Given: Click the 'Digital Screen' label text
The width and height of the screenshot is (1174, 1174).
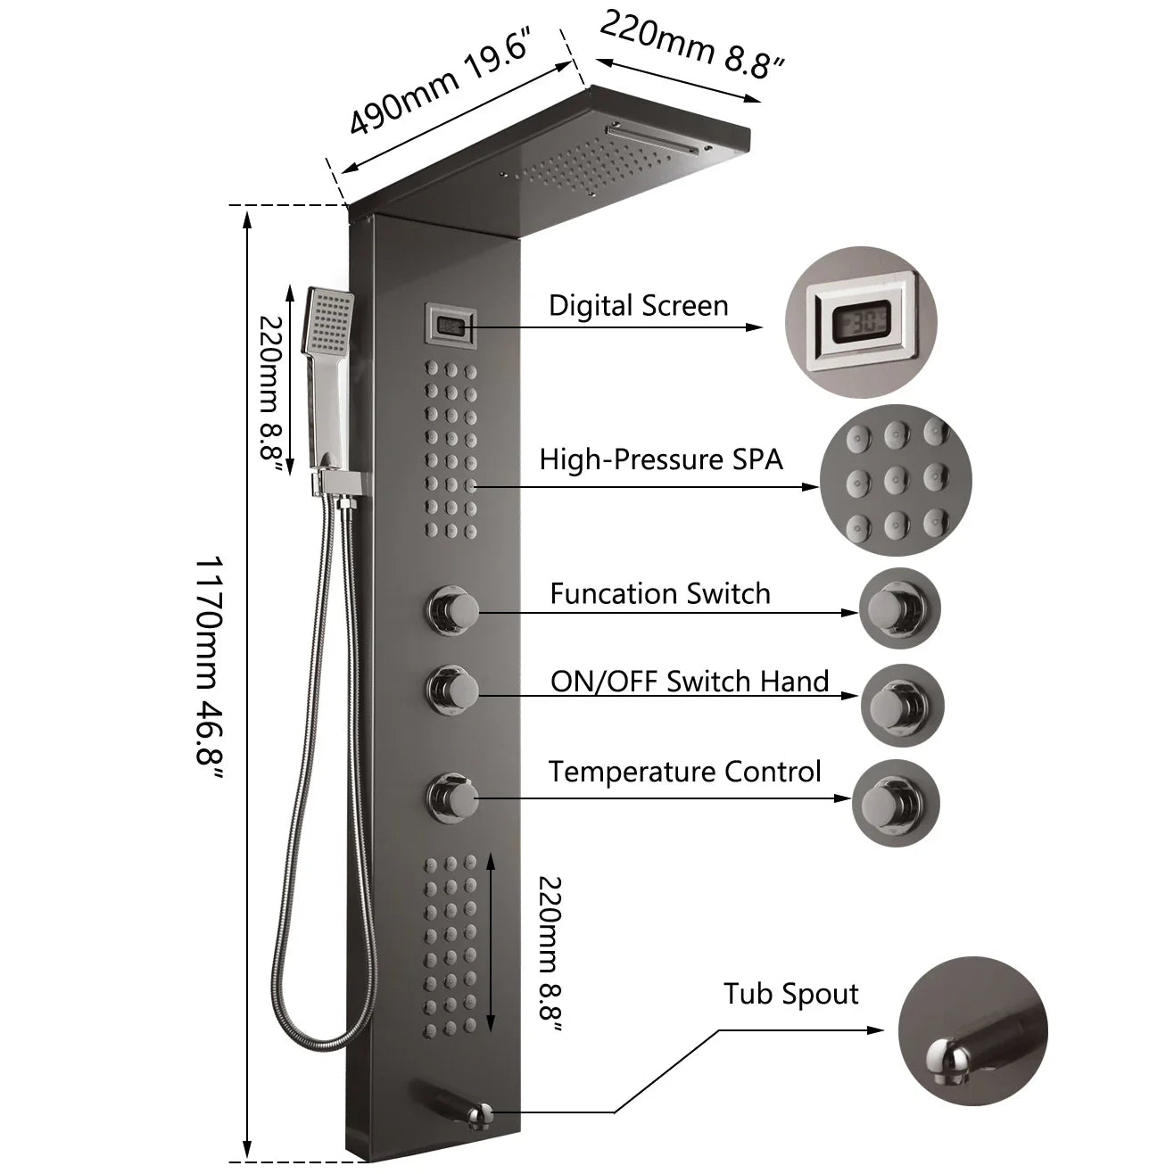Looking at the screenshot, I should pos(638,305).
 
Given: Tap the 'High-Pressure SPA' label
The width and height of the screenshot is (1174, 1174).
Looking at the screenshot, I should pos(660,459).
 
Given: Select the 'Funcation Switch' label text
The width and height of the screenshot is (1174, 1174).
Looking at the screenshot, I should pos(659,593).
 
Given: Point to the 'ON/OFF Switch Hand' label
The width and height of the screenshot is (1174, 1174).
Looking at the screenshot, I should pos(690,682).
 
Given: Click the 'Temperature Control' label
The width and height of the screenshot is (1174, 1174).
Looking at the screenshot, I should pos(684,771).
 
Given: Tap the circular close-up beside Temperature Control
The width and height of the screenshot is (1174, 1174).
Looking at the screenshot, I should pos(896,803).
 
